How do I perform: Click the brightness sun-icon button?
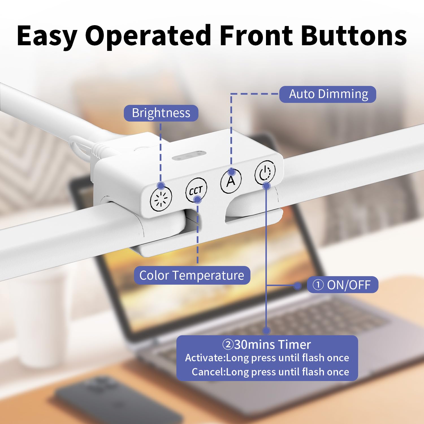tap(161, 199)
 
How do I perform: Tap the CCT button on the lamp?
tap(196, 190)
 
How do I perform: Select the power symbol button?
tap(265, 172)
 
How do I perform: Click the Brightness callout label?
tap(161, 113)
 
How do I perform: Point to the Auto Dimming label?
tap(328, 94)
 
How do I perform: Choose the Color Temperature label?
tap(192, 275)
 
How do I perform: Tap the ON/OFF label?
tap(343, 285)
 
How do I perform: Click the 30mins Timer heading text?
tap(267, 345)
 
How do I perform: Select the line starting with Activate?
tap(267, 358)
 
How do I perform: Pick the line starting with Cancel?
tap(271, 372)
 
